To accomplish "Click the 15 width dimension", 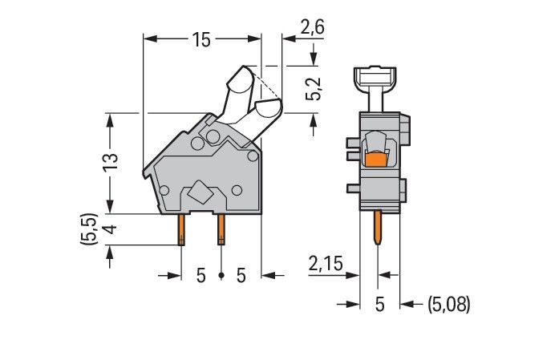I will coord(201,38).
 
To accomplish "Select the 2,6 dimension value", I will coord(312,28).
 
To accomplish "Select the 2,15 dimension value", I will coord(325,263).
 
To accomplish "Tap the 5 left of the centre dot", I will coord(201,276).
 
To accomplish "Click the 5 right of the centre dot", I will coord(241,276).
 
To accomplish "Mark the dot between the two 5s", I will coord(221,277).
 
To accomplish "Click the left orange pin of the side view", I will coord(182,229).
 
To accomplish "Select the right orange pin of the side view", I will coord(221,229).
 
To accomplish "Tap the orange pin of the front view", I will coord(379,229).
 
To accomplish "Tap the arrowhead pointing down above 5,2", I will coord(313,59).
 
